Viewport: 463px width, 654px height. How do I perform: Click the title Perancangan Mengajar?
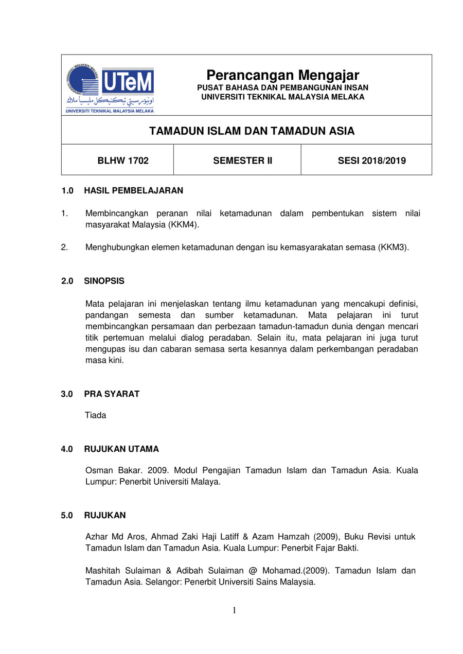tap(283, 75)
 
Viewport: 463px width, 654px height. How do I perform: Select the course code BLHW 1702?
tap(123, 161)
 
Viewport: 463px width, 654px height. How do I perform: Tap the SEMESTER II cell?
tap(242, 161)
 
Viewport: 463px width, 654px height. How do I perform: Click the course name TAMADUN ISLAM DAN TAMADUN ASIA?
tap(252, 131)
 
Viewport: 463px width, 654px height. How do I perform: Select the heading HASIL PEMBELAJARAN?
tap(133, 190)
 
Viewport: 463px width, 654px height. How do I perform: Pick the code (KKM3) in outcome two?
tap(394, 247)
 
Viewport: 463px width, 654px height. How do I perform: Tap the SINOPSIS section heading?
tap(104, 281)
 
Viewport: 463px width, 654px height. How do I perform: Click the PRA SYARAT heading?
tap(112, 394)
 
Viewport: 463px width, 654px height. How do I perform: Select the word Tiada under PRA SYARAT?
tap(96, 415)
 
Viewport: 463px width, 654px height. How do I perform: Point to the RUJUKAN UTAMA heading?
tap(121, 449)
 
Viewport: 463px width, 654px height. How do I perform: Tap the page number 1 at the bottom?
tap(234, 611)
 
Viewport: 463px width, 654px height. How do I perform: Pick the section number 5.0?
tap(67, 515)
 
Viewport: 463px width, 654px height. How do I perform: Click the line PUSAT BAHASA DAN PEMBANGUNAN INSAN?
tap(282, 88)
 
